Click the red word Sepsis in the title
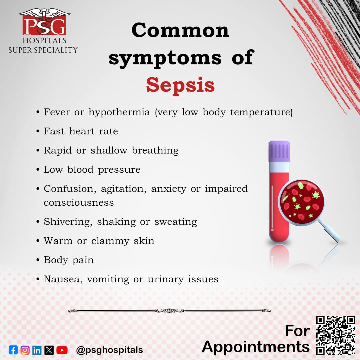tap(180, 85)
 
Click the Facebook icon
tap(13, 350)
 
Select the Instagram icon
tap(25, 350)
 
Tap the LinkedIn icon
tap(37, 350)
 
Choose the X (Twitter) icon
tap(49, 350)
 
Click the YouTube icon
tap(62, 350)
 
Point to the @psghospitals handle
tap(109, 350)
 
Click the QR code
tap(336, 335)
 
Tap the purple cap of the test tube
tap(279, 151)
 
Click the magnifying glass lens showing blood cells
tap(301, 202)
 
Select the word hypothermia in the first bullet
tap(119, 112)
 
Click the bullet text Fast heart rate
tap(81, 131)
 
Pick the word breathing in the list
tap(155, 151)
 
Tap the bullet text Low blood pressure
tap(92, 170)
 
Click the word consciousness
tap(79, 203)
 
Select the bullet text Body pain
tap(69, 260)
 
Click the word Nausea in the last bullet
tap(62, 279)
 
